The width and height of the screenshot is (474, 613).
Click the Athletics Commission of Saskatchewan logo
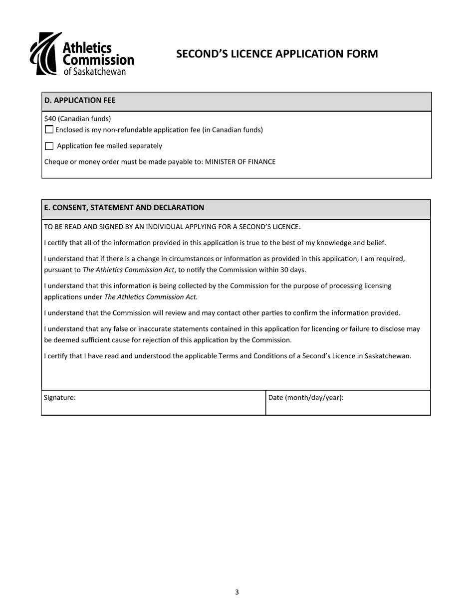(82, 54)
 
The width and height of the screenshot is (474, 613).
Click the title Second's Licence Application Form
(277, 54)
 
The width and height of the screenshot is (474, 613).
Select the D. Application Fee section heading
(80, 100)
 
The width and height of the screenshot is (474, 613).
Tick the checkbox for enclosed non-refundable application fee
(49, 130)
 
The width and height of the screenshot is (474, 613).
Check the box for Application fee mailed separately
(49, 146)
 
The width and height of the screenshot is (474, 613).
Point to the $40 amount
(50, 119)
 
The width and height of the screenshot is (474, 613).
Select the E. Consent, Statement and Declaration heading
(124, 207)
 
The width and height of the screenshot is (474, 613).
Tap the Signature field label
(60, 398)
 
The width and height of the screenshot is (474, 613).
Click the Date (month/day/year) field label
(306, 398)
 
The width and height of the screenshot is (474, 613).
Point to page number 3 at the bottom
(237, 592)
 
